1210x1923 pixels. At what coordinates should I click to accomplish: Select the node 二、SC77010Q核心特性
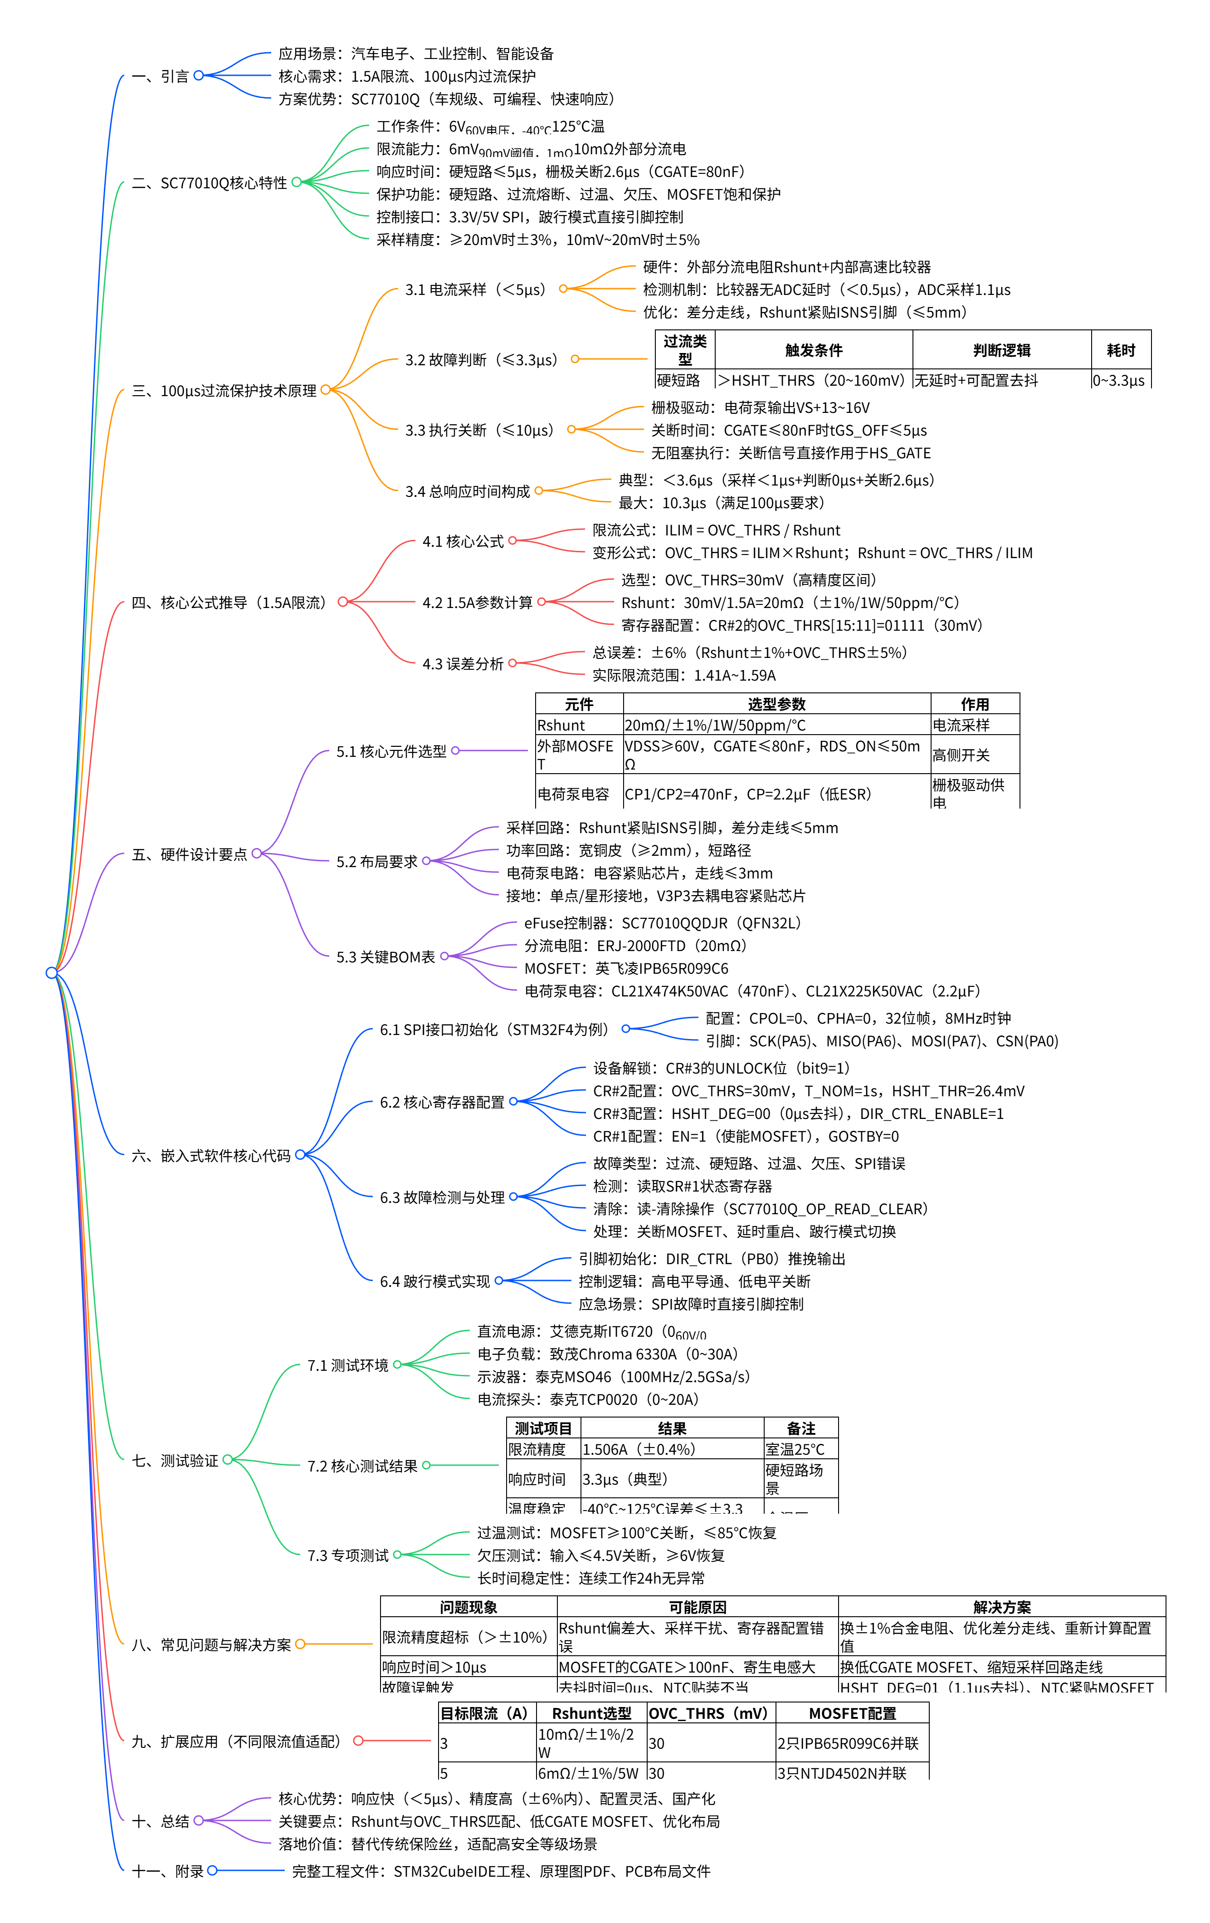(x=209, y=183)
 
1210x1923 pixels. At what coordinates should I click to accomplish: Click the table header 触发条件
(x=813, y=351)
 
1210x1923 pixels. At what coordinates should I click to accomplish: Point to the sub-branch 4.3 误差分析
(x=463, y=664)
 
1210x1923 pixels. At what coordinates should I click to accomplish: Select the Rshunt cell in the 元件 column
(x=561, y=725)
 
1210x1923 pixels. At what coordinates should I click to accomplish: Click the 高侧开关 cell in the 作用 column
(x=961, y=755)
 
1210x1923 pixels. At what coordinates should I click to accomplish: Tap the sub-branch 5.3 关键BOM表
(x=385, y=957)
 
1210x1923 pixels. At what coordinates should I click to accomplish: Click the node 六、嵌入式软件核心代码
(x=211, y=1156)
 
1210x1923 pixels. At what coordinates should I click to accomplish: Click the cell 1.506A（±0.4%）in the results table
(x=639, y=1449)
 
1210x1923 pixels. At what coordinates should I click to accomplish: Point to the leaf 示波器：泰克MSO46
(x=613, y=1377)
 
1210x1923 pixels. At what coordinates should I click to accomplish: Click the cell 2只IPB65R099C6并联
(x=848, y=1743)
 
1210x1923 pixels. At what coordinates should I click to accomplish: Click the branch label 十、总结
(x=161, y=1821)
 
